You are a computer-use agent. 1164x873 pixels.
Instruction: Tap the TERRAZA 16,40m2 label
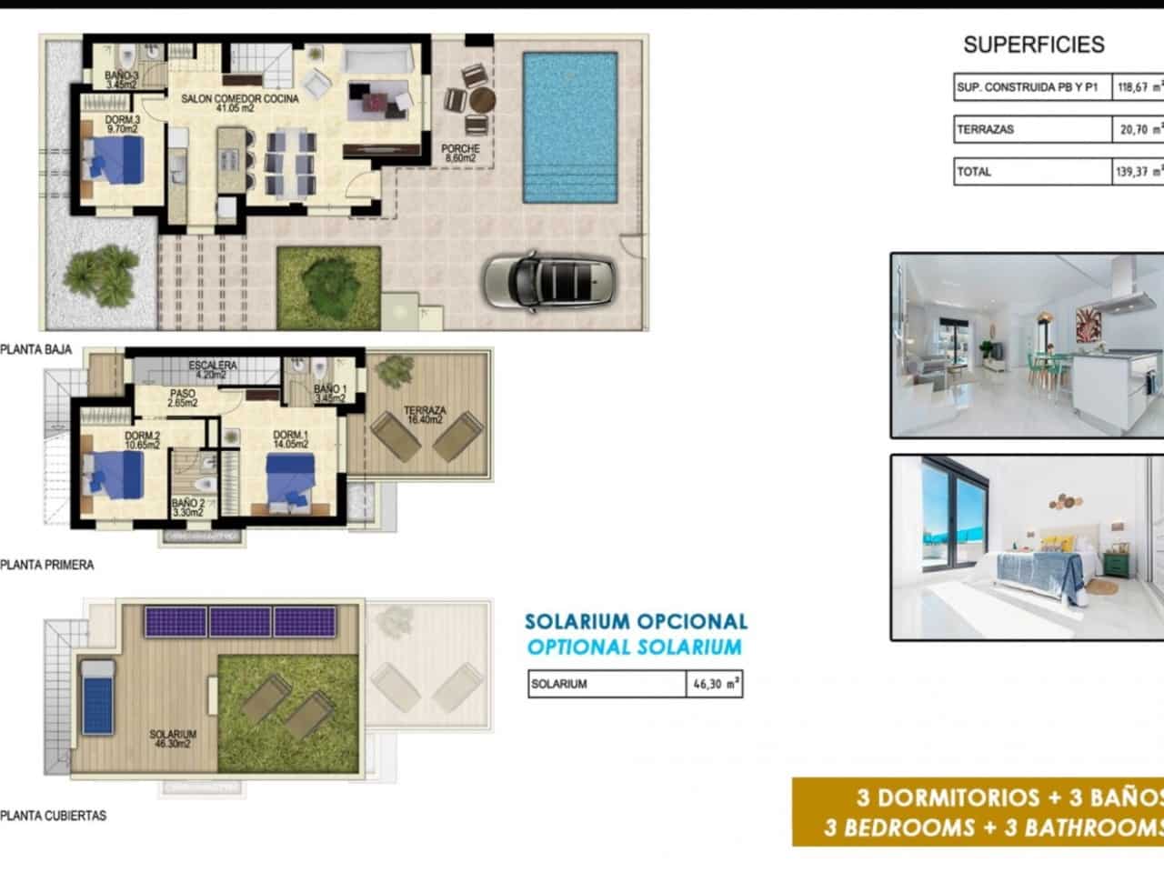[x=426, y=416]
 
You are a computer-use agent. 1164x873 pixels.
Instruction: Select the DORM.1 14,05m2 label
[x=291, y=439]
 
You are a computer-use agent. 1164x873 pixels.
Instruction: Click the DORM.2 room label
[x=142, y=440]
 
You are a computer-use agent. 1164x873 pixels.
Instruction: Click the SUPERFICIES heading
[x=1033, y=45]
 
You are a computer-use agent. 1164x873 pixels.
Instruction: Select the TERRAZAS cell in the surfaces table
[x=1032, y=130]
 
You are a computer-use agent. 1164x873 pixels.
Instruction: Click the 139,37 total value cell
[x=1138, y=172]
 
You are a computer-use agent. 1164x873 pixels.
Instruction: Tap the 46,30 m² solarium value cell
[x=714, y=684]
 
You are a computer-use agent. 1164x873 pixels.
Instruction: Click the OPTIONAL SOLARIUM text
[x=635, y=647]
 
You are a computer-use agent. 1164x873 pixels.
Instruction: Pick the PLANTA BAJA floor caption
[x=36, y=349]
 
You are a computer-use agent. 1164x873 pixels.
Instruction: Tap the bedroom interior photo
[x=1027, y=547]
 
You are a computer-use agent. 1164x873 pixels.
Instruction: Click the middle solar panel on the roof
[x=240, y=622]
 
